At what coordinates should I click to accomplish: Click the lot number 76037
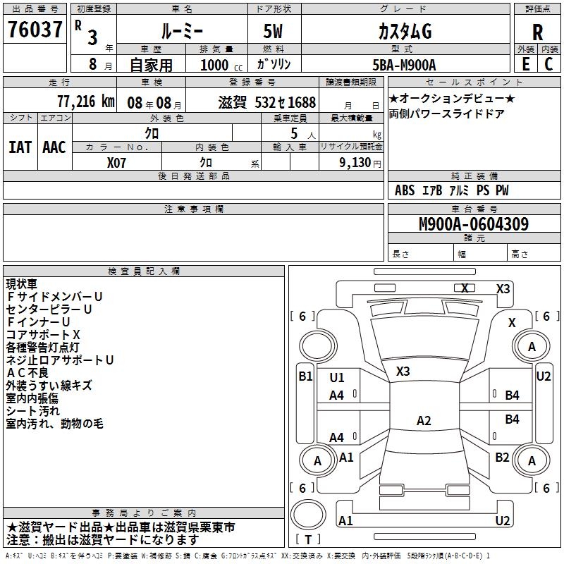click(x=35, y=29)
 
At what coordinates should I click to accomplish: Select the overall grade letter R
click(x=537, y=32)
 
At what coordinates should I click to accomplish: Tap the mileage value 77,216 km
click(x=86, y=102)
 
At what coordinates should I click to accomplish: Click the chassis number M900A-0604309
click(x=474, y=223)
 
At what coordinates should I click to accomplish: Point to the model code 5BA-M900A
click(x=404, y=65)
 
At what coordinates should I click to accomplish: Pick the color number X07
click(x=116, y=163)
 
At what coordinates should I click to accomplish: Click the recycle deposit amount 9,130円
click(x=360, y=163)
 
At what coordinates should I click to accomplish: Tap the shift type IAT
click(x=20, y=147)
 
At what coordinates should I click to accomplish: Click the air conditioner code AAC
click(x=54, y=147)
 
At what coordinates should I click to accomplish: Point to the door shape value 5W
click(x=273, y=31)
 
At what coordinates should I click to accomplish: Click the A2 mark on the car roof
click(x=424, y=420)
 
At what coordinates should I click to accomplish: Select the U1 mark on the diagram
click(x=337, y=378)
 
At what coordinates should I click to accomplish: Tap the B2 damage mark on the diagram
click(x=502, y=458)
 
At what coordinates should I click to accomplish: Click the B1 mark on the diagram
click(x=306, y=376)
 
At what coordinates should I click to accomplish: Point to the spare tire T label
click(x=308, y=539)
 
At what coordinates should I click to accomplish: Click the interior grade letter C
click(x=548, y=64)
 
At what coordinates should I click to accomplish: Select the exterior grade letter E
click(x=525, y=64)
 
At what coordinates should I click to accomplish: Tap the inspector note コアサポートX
click(x=43, y=335)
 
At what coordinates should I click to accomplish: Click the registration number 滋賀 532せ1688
click(x=267, y=102)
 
